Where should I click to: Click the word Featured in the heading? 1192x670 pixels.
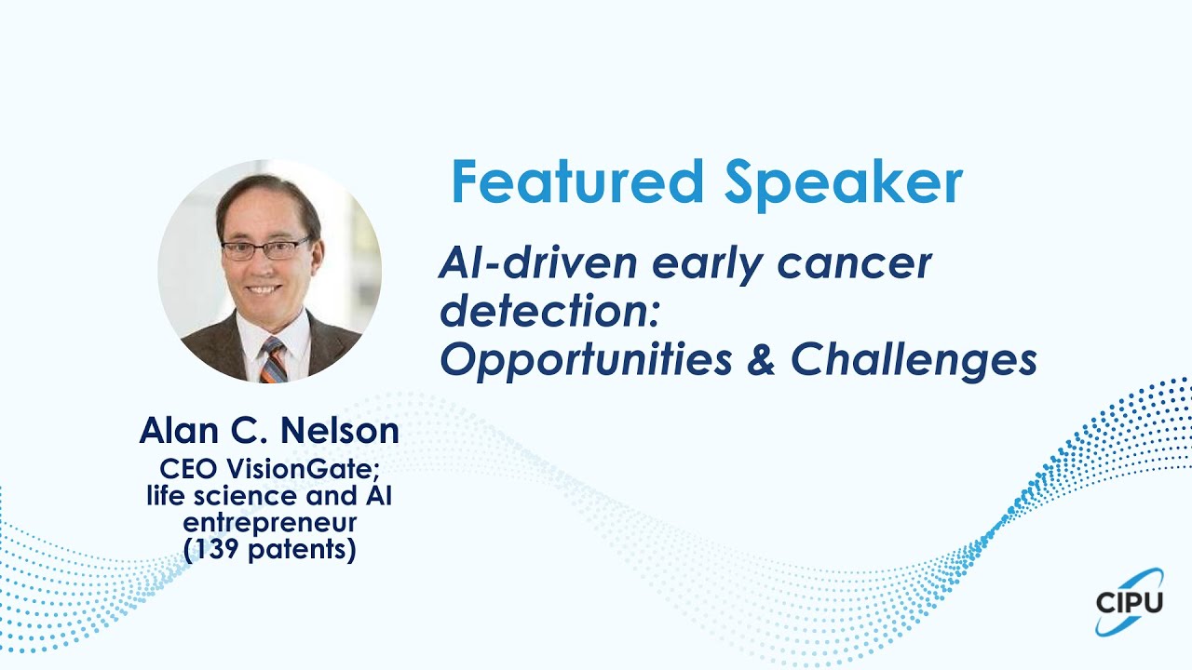pyautogui.click(x=577, y=181)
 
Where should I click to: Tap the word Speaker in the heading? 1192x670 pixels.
pyautogui.click(x=844, y=184)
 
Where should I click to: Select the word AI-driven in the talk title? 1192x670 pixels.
pyautogui.click(x=537, y=263)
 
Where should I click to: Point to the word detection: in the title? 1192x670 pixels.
pyautogui.click(x=549, y=311)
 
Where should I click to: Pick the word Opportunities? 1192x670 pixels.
pyautogui.click(x=586, y=361)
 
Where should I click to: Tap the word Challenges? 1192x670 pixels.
pyautogui.click(x=914, y=361)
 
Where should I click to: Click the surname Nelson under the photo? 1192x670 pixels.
pyautogui.click(x=340, y=430)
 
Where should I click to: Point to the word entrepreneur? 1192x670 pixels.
pyautogui.click(x=270, y=524)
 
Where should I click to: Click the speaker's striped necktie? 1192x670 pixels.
pyautogui.click(x=274, y=359)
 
